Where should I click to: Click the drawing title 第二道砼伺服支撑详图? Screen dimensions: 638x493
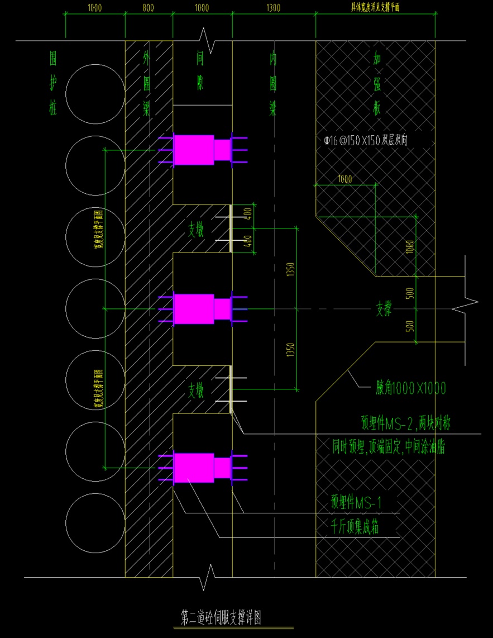pyautogui.click(x=222, y=617)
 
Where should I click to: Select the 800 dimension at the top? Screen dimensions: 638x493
pyautogui.click(x=148, y=8)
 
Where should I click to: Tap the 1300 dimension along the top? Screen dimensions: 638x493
pyautogui.click(x=274, y=8)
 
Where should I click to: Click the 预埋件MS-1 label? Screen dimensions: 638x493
pyautogui.click(x=356, y=502)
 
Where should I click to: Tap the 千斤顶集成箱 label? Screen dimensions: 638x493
pyautogui.click(x=355, y=526)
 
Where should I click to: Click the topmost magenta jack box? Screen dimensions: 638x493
pyautogui.click(x=194, y=150)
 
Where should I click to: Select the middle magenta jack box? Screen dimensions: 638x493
pyautogui.click(x=194, y=308)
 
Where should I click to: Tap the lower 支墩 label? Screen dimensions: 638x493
pyautogui.click(x=198, y=390)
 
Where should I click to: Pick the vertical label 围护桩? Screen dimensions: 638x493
pyautogui.click(x=53, y=84)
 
